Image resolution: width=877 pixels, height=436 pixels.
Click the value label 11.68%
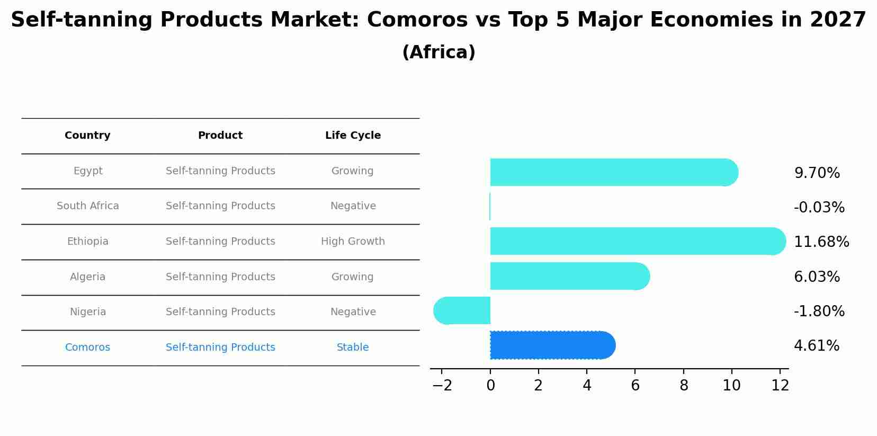(x=821, y=242)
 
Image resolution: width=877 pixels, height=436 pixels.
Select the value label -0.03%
(x=819, y=208)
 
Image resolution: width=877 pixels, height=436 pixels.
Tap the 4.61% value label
(x=816, y=346)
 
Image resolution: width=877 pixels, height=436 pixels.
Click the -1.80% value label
(x=819, y=311)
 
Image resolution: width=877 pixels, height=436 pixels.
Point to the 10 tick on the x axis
(x=731, y=386)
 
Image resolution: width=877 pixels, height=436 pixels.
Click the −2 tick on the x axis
(x=442, y=386)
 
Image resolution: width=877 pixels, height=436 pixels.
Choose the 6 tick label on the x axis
(x=635, y=386)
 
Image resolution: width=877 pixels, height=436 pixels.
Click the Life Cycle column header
(x=353, y=136)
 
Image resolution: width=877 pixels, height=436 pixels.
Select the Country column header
(x=87, y=136)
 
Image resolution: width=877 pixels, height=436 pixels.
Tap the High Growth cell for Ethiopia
(x=353, y=242)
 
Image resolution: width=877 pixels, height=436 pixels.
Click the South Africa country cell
(x=87, y=206)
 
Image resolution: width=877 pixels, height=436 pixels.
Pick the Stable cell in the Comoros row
(x=353, y=348)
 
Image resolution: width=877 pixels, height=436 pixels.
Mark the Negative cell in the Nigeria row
(x=353, y=312)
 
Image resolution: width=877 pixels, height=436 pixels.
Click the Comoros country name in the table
(x=87, y=348)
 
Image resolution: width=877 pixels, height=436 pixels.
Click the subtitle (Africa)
(x=438, y=52)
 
